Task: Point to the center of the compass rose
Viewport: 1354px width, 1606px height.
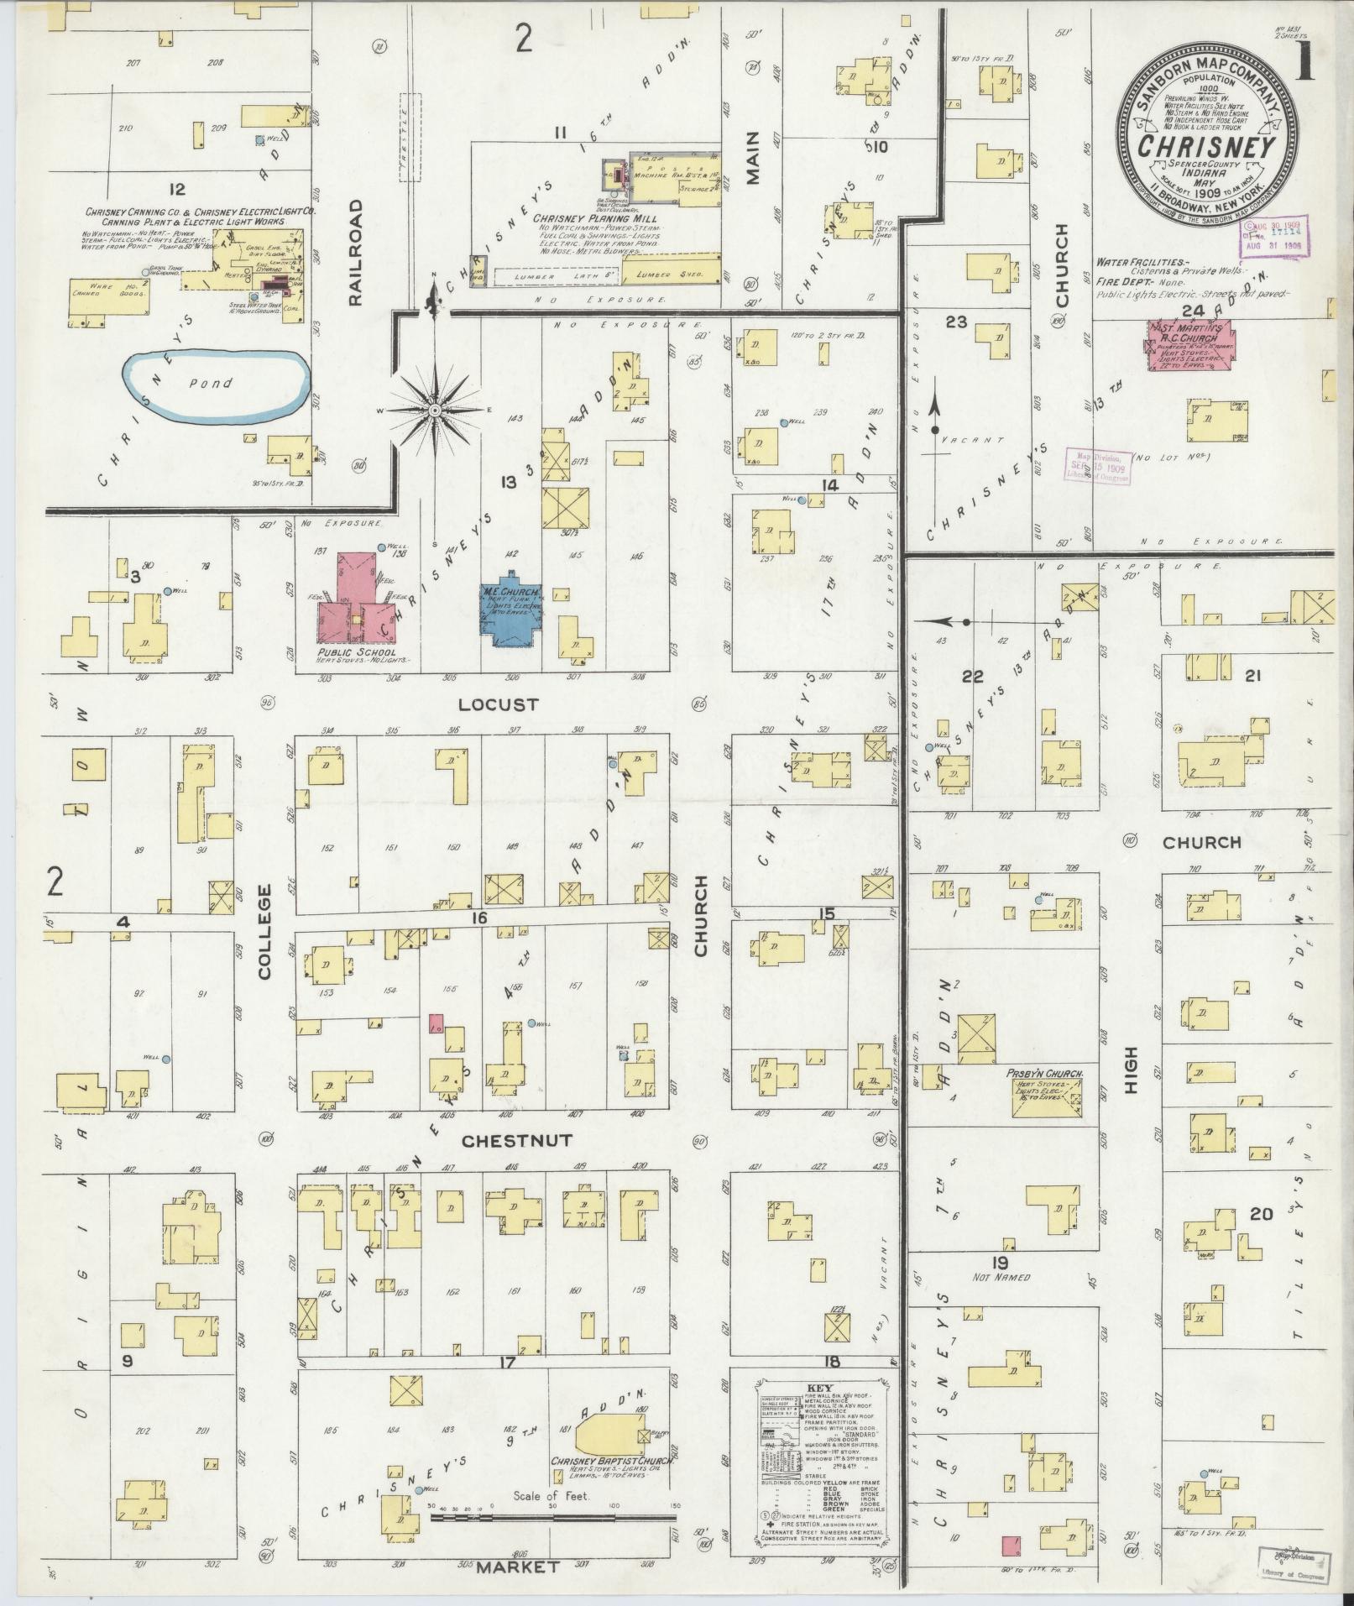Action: click(435, 410)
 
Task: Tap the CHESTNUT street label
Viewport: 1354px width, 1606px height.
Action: click(504, 1141)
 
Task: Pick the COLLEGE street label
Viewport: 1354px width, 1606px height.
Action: click(265, 932)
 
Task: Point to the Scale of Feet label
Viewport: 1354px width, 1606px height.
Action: click(552, 1496)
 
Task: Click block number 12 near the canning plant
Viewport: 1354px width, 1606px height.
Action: click(176, 190)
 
